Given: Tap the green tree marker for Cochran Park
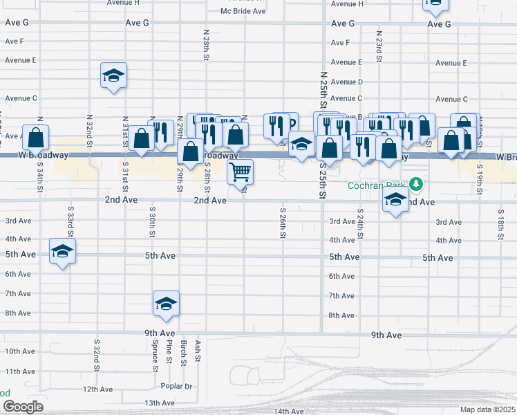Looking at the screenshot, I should [x=415, y=184].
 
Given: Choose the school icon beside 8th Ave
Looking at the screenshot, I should [x=166, y=304].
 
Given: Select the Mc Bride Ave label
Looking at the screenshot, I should [x=243, y=11].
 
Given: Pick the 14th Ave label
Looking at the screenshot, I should [x=290, y=411].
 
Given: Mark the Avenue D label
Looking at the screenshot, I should [x=346, y=82].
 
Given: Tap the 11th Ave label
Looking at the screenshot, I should [x=20, y=371].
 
